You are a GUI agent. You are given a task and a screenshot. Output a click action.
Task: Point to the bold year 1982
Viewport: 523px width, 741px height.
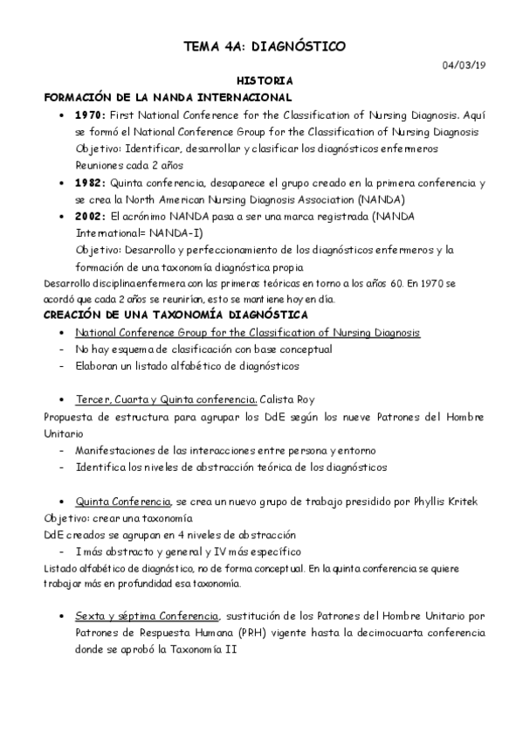click(89, 183)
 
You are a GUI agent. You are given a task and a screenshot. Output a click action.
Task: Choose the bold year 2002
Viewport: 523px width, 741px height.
click(89, 216)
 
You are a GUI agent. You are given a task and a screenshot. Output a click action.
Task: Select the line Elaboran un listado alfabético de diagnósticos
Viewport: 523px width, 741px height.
click(187, 366)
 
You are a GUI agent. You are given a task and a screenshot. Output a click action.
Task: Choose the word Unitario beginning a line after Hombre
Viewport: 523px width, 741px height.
click(64, 433)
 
